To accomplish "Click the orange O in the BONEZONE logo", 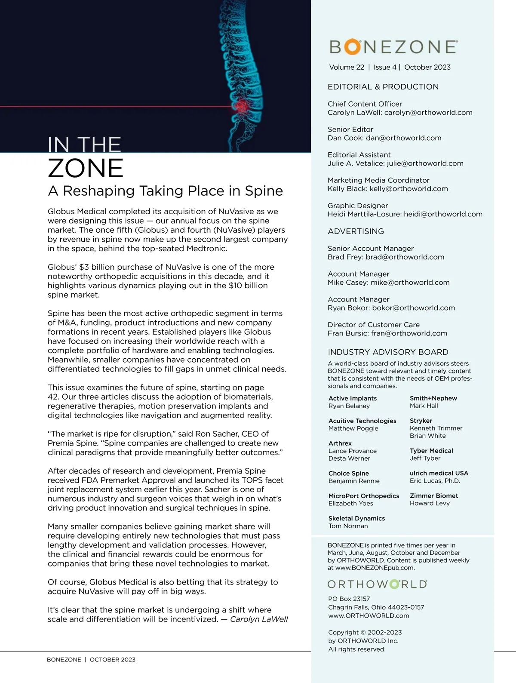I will click(352, 47).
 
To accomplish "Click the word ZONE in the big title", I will click(86, 168).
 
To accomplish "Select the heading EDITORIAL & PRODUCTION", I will click(383, 87).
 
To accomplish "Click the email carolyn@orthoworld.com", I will click(428, 113).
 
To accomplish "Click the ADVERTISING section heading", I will click(356, 231).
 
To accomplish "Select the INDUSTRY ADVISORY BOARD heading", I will click(388, 352).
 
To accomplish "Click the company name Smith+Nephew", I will click(433, 398).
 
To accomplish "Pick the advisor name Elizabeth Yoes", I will click(350, 504).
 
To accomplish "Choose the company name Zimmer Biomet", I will click(434, 496).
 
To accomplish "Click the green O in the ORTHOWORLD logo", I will click(394, 584).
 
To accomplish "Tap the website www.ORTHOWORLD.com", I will click(369, 616).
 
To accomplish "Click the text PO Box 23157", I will click(349, 599).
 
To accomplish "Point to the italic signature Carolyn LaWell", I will click(259, 619).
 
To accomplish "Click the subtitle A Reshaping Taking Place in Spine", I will click(165, 191).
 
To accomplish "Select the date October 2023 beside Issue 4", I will click(427, 68).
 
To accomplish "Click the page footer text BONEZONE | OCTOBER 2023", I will click(91, 660).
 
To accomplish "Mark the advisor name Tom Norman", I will click(348, 526).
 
